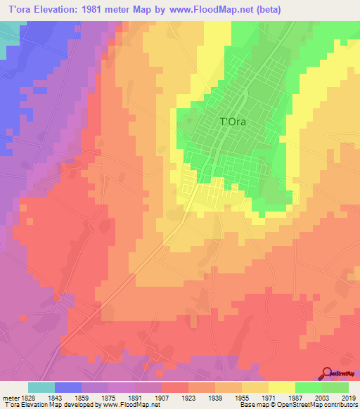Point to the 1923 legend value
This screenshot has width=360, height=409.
pos(188,397)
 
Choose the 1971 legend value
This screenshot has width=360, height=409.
pos(268,397)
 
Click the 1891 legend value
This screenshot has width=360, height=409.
pos(134,397)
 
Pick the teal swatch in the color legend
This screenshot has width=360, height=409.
pos(41,387)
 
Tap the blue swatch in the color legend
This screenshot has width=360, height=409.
pos(67,387)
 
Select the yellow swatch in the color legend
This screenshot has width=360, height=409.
pos(281,387)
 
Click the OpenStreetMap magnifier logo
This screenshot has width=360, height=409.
pos(327,373)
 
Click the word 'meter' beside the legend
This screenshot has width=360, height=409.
pos(10,397)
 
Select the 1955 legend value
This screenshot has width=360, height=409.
pos(241,397)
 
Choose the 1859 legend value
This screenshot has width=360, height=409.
pos(81,397)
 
